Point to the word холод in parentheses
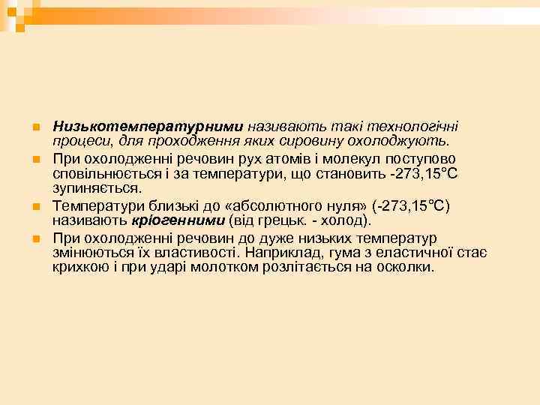click(x=342, y=220)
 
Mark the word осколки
click(x=406, y=266)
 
